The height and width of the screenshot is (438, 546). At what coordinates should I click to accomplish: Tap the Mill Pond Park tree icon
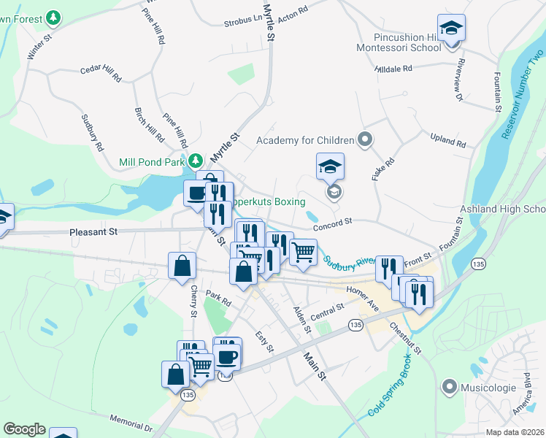tap(195, 161)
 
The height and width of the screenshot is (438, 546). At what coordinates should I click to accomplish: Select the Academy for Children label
tap(305, 139)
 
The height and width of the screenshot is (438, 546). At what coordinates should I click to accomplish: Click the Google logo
tap(24, 429)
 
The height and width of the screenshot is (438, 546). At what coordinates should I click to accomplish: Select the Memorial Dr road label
tap(133, 424)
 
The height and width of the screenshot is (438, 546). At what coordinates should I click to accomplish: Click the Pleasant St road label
tap(93, 233)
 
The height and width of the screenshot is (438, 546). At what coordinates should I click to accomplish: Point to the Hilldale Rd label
tap(393, 68)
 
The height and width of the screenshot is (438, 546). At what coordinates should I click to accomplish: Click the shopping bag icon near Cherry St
tap(181, 267)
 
